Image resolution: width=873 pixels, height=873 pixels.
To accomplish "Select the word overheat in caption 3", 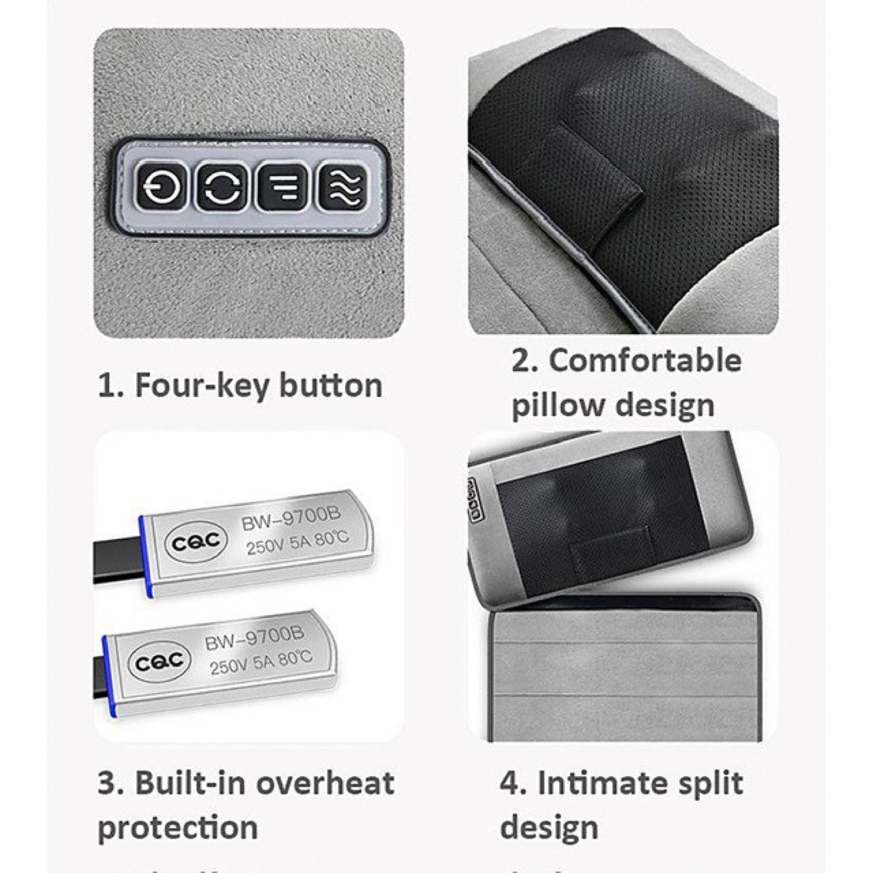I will pos(325,783).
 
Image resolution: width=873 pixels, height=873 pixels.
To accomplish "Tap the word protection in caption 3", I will pos(178,828).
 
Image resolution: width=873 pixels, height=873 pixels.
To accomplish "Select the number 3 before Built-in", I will pos(107,783).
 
